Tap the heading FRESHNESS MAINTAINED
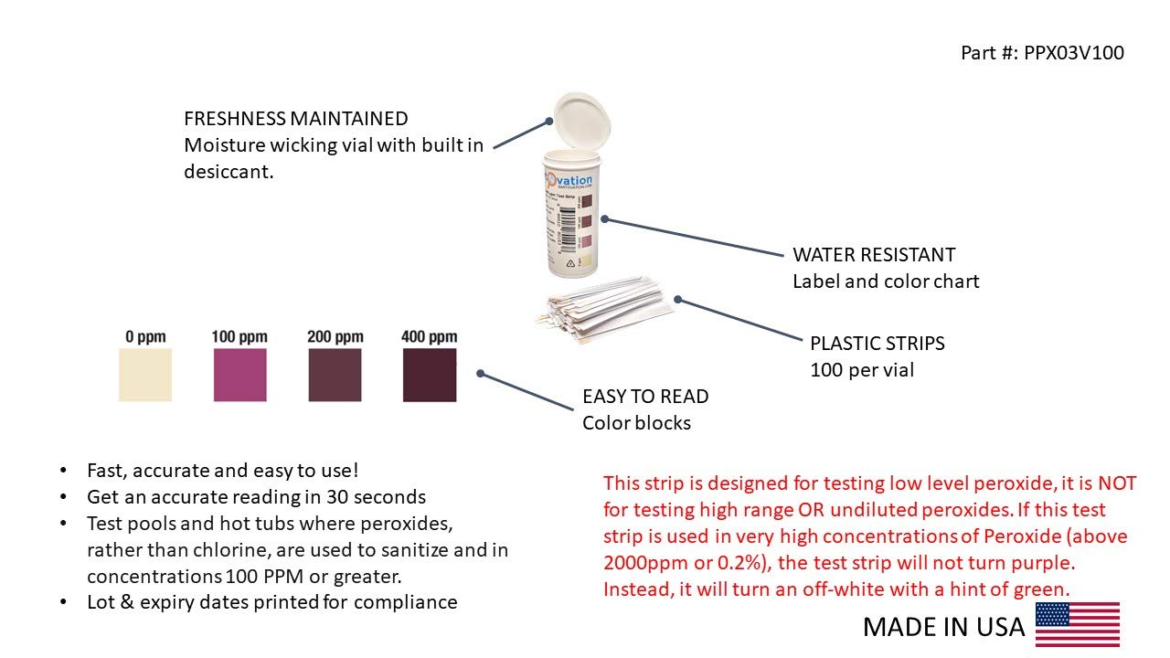click(x=295, y=119)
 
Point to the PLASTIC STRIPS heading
click(x=877, y=344)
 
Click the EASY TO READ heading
click(x=644, y=397)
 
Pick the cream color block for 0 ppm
click(x=145, y=375)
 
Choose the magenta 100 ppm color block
click(x=240, y=375)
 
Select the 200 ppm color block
click(x=335, y=375)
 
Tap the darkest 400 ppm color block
click(x=430, y=375)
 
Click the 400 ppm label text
click(x=430, y=337)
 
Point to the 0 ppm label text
click(x=145, y=337)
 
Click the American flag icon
click(x=1077, y=624)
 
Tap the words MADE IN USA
click(x=943, y=627)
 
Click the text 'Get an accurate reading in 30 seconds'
click(x=256, y=497)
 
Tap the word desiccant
click(x=228, y=171)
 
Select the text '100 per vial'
click(x=861, y=370)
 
